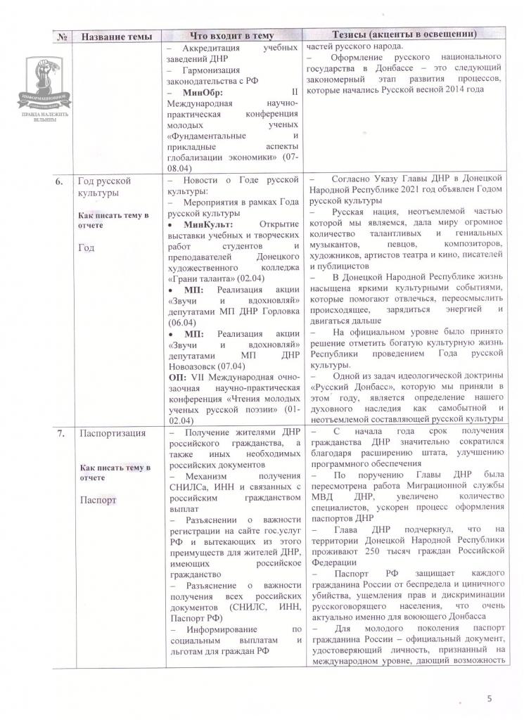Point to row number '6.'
(61, 181)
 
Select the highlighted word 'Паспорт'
(98, 500)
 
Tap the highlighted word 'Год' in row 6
(87, 248)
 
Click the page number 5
(490, 698)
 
